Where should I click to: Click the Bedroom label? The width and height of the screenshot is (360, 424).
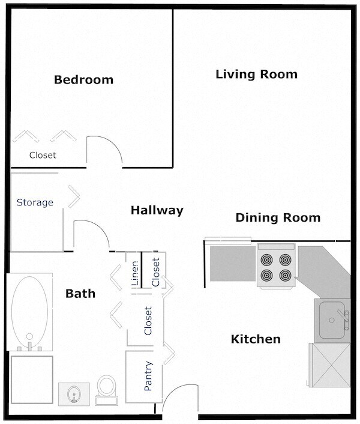[x=83, y=80]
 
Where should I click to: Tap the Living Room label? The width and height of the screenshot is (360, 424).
[x=256, y=74]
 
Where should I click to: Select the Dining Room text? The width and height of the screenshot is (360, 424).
[x=277, y=217]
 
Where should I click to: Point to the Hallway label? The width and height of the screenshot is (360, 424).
[x=157, y=210]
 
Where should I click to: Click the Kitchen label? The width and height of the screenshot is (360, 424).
[x=256, y=339]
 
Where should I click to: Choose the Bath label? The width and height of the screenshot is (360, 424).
[x=80, y=294]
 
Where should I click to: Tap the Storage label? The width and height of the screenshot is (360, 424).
[x=35, y=202]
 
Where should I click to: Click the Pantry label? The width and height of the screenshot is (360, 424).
[x=148, y=377]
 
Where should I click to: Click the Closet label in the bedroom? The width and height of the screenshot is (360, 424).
[x=43, y=155]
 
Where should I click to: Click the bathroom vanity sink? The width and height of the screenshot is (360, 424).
[x=75, y=393]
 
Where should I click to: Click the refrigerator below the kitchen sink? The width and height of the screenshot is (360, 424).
[x=329, y=365]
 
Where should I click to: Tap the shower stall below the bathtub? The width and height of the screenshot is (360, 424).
[x=31, y=379]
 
